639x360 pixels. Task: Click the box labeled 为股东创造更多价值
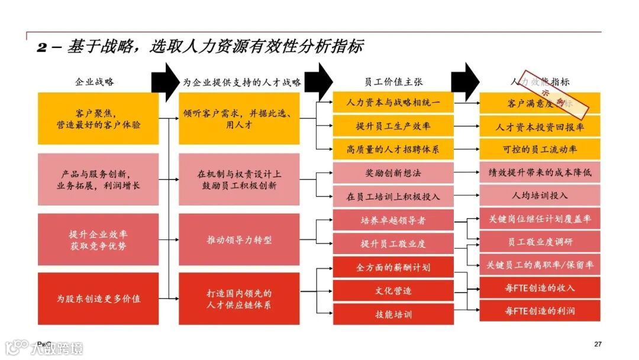coord(98,298)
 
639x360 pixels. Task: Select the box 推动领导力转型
coord(239,240)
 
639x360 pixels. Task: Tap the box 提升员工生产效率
coord(393,126)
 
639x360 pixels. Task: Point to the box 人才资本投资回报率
coord(540,127)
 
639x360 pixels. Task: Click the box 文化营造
coord(393,291)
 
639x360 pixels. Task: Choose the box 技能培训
coord(393,314)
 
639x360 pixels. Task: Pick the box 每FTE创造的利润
coord(540,311)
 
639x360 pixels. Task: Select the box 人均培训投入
coord(540,195)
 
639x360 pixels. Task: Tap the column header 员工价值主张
coord(393,82)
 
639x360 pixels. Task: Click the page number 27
coord(598,344)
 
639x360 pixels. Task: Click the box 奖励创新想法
coord(393,173)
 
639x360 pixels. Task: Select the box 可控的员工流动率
coord(540,149)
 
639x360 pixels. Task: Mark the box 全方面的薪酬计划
coord(393,268)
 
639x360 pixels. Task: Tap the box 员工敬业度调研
coord(540,242)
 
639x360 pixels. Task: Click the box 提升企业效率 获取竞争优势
coord(98,240)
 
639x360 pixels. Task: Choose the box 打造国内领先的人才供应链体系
coord(239,298)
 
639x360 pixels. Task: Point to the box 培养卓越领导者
coord(393,220)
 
